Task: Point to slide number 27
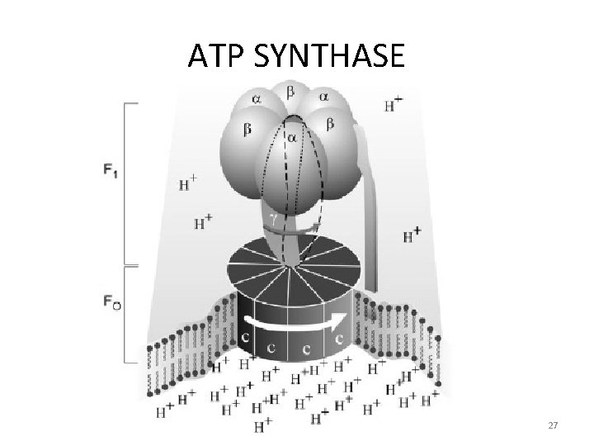(554, 425)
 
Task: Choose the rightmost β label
(329, 124)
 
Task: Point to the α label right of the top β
(323, 97)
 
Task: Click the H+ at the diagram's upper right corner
(394, 105)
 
